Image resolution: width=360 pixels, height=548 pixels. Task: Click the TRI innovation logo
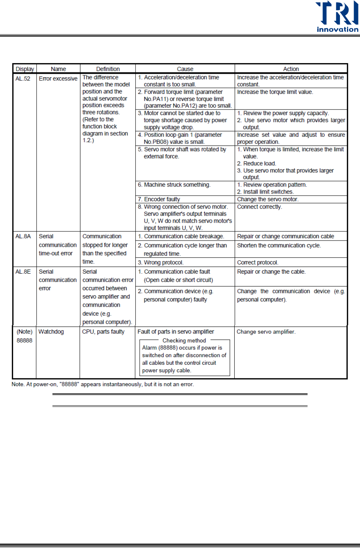pos(337,17)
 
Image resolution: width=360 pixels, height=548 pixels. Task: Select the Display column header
pos(25,69)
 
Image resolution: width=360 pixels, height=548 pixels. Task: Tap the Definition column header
pos(108,69)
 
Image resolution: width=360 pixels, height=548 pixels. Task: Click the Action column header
pos(291,69)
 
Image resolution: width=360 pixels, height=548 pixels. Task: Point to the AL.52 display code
pos(23,78)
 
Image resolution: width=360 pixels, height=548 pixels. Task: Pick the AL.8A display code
pos(23,236)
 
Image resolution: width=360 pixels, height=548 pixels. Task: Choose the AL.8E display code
pos(23,272)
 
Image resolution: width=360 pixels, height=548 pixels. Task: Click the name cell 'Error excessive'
pos(58,78)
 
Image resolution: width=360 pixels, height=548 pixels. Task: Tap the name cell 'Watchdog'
pos(51,332)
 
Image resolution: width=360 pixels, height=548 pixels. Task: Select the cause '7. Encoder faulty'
pos(159,199)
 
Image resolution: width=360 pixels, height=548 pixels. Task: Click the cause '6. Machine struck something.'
pos(174,185)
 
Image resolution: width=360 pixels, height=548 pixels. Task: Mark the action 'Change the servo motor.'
pos(268,199)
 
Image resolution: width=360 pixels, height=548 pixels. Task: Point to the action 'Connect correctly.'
pos(259,207)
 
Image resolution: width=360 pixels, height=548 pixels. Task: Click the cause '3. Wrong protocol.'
pos(160,263)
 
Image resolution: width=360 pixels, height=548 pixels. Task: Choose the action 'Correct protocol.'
pos(257,263)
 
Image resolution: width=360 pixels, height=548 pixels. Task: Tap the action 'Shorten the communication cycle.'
pos(279,245)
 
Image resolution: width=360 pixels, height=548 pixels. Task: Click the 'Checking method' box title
pos(184,340)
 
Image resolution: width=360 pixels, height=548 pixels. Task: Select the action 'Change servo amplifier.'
pos(266,332)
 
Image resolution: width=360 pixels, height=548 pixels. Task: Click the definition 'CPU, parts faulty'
pos(103,332)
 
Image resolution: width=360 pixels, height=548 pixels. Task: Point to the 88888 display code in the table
pos(24,340)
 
